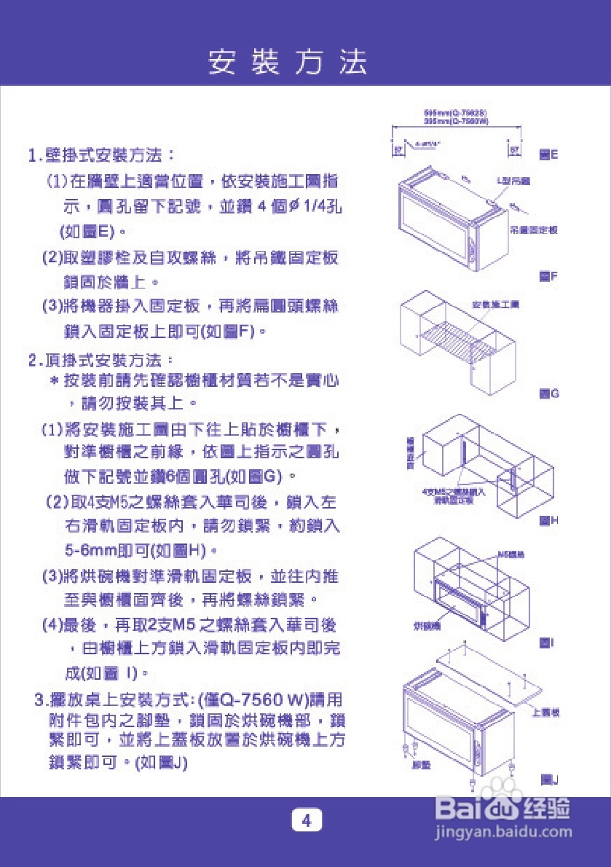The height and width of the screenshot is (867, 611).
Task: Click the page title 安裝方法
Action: pos(288,62)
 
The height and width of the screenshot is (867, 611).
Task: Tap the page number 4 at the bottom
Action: pos(307,820)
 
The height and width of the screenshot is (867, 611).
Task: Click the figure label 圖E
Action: pos(548,155)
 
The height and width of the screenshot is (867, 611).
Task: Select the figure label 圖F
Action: pos(548,277)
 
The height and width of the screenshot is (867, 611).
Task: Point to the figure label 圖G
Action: pos(548,393)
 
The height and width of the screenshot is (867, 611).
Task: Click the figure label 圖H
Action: pos(548,521)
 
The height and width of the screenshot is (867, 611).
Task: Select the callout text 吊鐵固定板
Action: pos(533,229)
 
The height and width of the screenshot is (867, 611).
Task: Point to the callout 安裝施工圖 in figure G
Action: pos(491,304)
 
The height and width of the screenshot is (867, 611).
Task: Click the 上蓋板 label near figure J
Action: pos(545,713)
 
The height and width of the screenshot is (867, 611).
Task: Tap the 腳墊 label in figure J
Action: pos(422,766)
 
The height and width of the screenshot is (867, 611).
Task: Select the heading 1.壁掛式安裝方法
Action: pos(101,155)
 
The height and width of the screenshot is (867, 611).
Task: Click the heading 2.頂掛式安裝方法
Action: pos(101,360)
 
